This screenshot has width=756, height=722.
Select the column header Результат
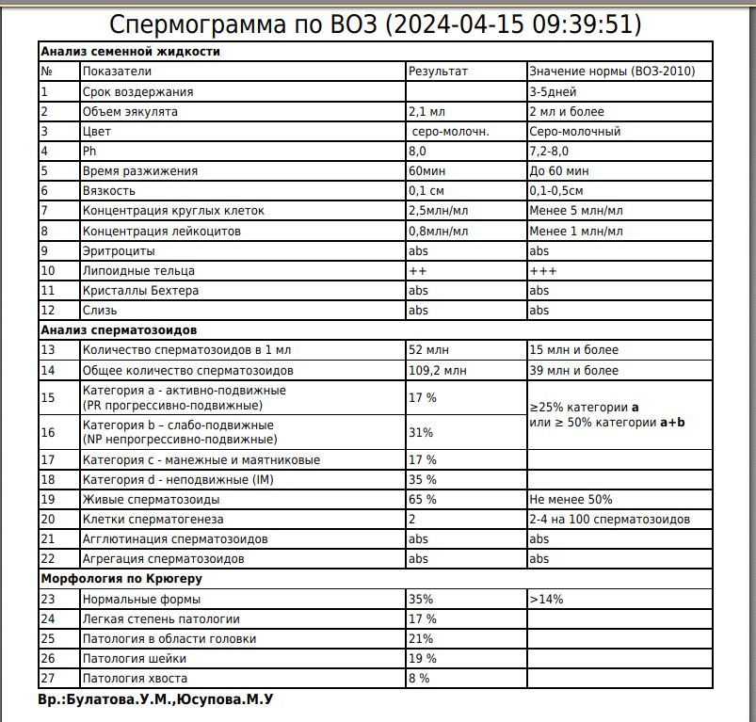tap(437, 72)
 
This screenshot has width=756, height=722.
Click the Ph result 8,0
tap(417, 151)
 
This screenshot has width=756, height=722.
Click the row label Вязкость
tap(109, 191)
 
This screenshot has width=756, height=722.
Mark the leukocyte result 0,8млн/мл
tap(439, 231)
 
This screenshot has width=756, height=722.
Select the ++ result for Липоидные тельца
tap(418, 271)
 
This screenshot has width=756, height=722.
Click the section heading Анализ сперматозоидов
tap(118, 330)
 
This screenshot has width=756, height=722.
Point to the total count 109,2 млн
tap(437, 370)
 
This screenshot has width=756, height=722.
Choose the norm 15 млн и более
tap(573, 350)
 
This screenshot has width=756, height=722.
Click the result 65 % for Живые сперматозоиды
tap(422, 499)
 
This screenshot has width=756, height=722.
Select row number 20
tap(47, 519)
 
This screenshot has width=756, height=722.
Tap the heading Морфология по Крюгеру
tap(121, 578)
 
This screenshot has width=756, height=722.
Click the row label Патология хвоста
tap(135, 678)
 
